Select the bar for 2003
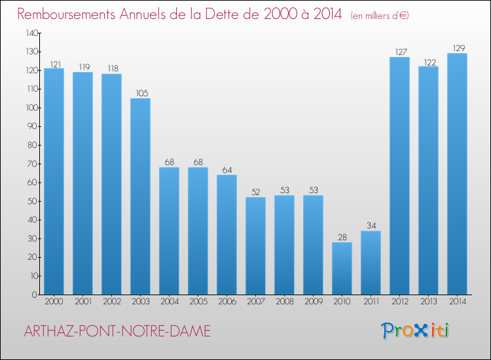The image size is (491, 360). pyautogui.click(x=140, y=196)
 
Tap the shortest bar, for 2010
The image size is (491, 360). pyautogui.click(x=342, y=268)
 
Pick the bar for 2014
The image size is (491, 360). pyautogui.click(x=457, y=173)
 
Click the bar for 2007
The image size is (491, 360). pyautogui.click(x=255, y=245)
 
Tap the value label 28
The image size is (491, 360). pyautogui.click(x=342, y=238)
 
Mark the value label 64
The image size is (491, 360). pyautogui.click(x=227, y=170)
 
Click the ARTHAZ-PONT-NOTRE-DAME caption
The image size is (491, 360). pyautogui.click(x=117, y=332)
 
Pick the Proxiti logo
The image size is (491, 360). pyautogui.click(x=416, y=331)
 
